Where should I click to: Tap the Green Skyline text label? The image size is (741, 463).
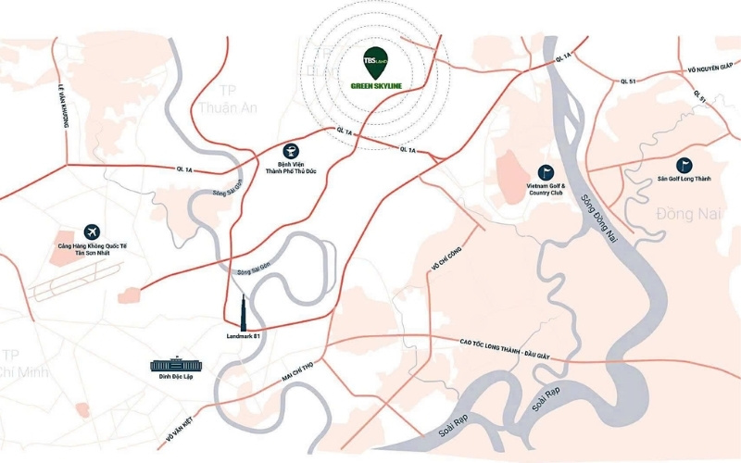[x=376, y=87]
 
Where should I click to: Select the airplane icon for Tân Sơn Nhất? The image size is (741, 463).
[x=91, y=231]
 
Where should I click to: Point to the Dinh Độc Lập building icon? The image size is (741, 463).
[x=174, y=366]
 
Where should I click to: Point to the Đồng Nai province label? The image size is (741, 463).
[x=688, y=215]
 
